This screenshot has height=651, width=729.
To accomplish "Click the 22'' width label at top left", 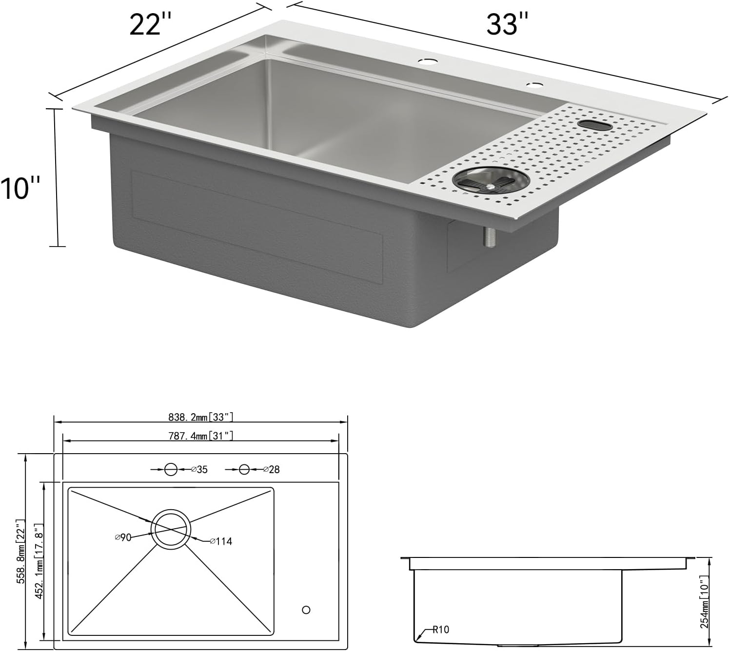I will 150,24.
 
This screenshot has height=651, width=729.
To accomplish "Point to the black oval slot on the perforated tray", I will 595,125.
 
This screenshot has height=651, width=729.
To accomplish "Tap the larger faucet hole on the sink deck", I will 428,62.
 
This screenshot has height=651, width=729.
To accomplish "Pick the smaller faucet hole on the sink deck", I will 534,85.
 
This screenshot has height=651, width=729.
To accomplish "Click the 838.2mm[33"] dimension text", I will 200,417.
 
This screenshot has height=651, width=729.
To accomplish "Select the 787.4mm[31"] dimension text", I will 200,436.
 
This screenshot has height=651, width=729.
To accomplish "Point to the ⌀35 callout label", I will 199,469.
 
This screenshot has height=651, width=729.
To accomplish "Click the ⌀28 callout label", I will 272,469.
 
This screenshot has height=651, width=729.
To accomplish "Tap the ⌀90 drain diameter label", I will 123,537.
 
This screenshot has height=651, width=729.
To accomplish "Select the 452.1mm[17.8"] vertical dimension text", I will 39,561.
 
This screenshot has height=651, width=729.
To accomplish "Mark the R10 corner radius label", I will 440,630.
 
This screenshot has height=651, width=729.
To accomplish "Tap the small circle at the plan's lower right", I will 306,610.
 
